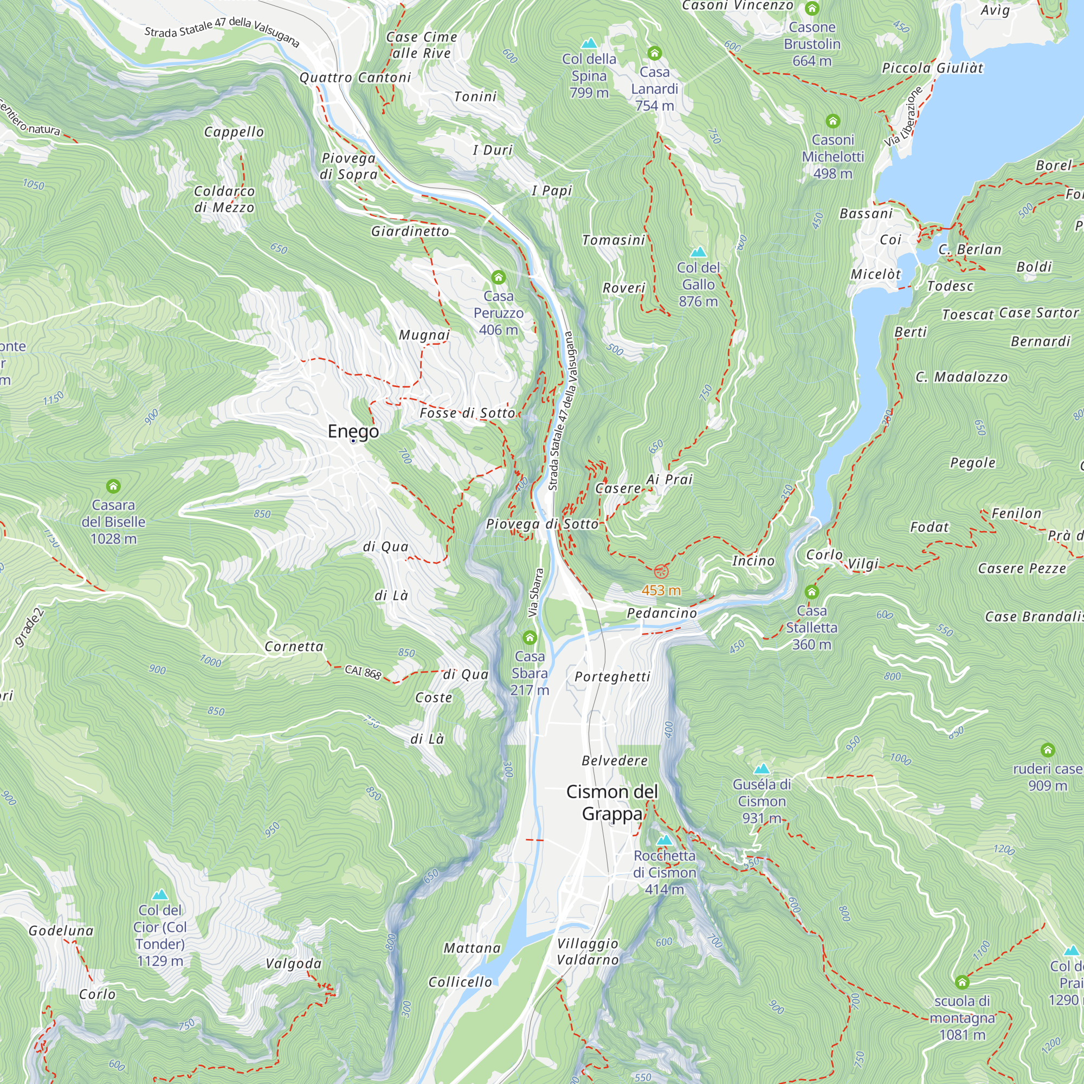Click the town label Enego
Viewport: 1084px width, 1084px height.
click(x=353, y=431)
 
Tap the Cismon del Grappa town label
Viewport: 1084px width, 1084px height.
click(x=611, y=802)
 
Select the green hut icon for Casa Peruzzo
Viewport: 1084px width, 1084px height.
click(x=498, y=277)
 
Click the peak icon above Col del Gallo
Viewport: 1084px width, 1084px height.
click(x=698, y=251)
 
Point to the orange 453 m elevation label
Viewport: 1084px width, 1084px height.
click(x=661, y=590)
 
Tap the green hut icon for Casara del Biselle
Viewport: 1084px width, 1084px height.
click(x=113, y=486)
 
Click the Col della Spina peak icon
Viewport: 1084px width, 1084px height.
click(x=589, y=43)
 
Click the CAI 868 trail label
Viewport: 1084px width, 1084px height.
click(x=363, y=672)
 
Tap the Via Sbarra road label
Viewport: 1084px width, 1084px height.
click(x=536, y=593)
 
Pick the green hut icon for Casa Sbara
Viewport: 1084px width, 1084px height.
click(x=529, y=637)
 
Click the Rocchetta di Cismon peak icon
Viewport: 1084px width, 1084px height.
click(x=664, y=840)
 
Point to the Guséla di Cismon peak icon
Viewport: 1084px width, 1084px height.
click(x=762, y=769)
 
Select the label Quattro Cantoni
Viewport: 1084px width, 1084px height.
click(x=355, y=78)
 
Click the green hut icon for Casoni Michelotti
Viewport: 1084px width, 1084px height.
click(x=833, y=121)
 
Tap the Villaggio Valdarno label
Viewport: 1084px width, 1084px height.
click(x=588, y=952)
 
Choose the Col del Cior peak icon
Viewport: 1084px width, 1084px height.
click(x=160, y=894)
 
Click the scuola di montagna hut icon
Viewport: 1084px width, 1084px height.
click(x=962, y=982)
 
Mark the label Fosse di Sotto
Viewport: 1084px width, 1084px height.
click(x=467, y=413)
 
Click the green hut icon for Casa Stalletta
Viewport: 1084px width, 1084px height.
click(x=811, y=592)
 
